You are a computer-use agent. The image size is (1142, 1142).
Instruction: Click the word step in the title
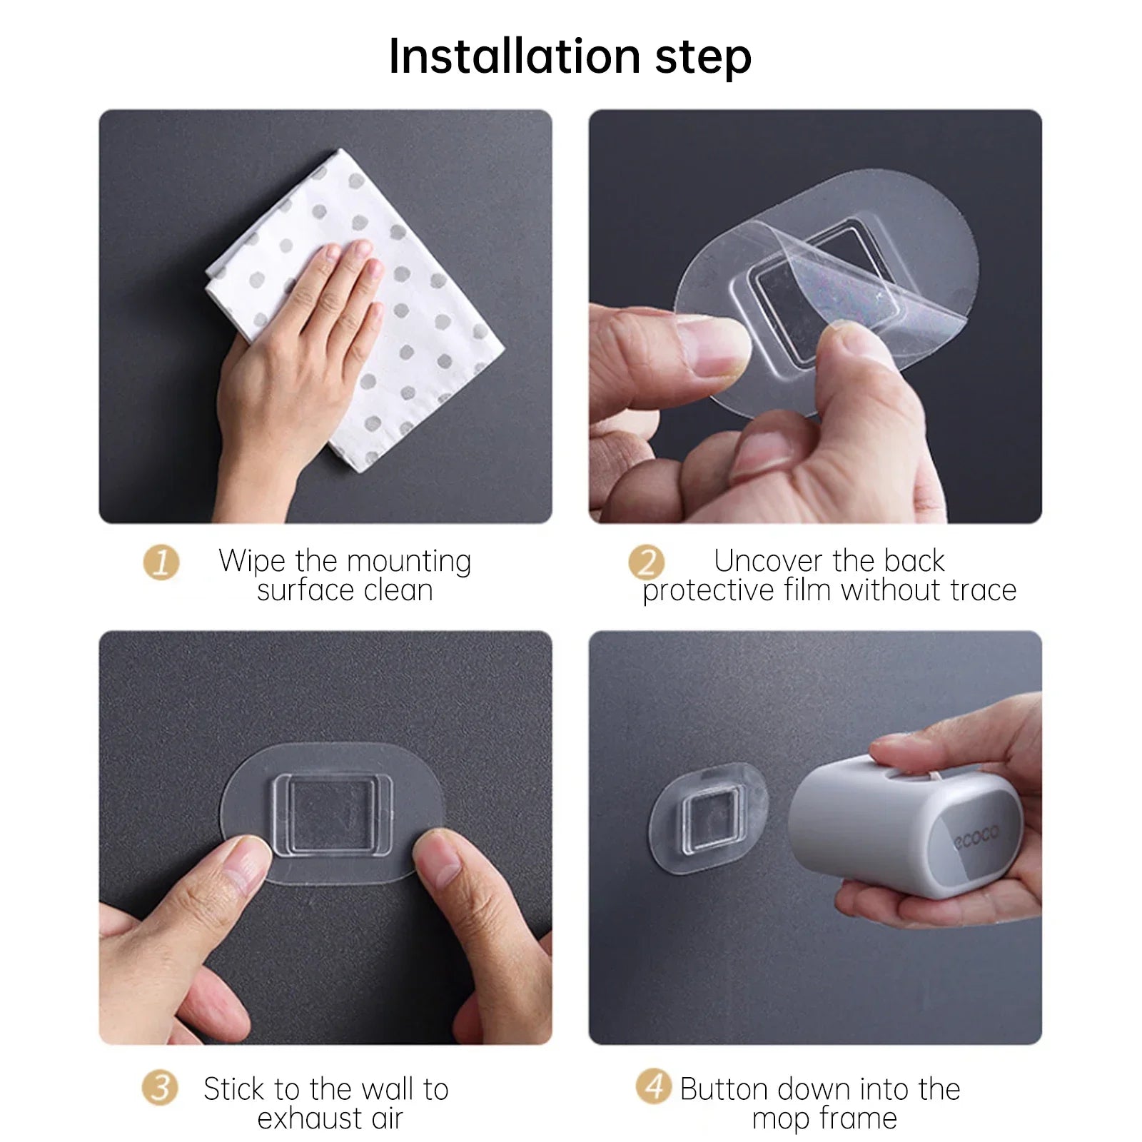pyautogui.click(x=703, y=57)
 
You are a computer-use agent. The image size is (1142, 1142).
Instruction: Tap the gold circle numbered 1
pyautogui.click(x=161, y=563)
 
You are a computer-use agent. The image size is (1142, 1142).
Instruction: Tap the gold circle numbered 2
pyautogui.click(x=646, y=563)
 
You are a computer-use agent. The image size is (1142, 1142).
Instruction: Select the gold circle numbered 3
pyautogui.click(x=159, y=1088)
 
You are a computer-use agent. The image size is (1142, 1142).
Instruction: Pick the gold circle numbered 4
pyautogui.click(x=653, y=1087)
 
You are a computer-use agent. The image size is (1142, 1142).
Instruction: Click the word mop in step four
pyautogui.click(x=781, y=1119)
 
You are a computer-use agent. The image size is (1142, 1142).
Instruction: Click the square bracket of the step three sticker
pyautogui.click(x=332, y=814)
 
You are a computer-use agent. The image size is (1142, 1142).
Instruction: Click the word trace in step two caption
pyautogui.click(x=982, y=591)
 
